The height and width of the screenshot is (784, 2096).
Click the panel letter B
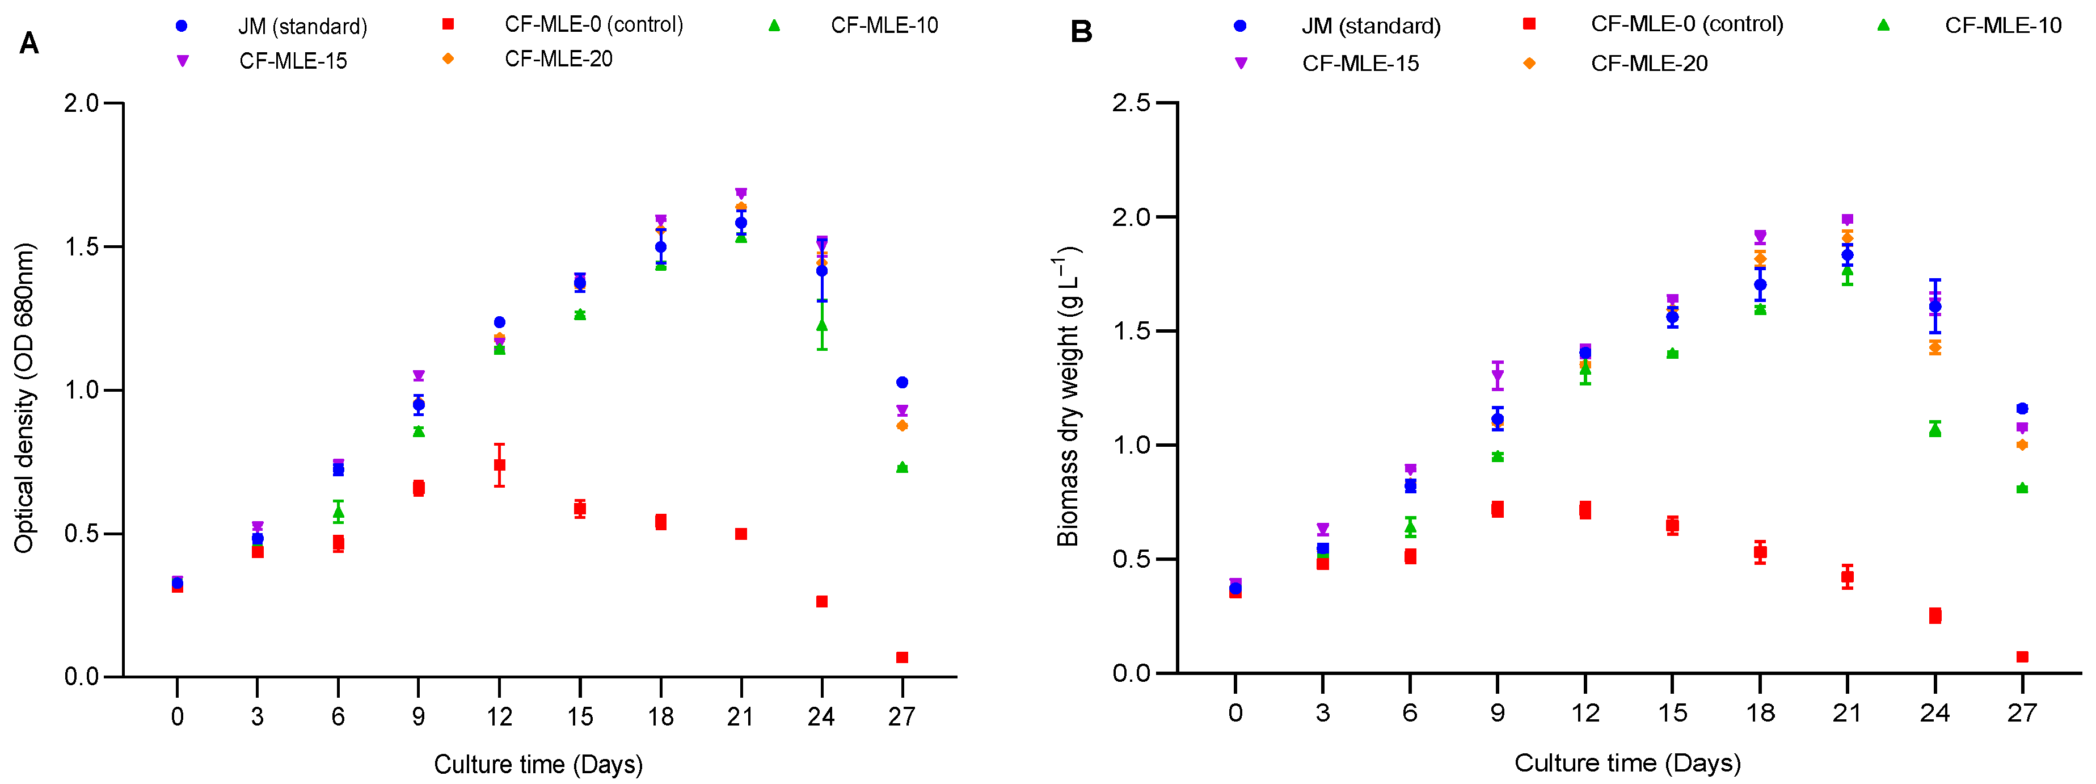click(1081, 32)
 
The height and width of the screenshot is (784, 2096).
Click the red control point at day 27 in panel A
click(901, 657)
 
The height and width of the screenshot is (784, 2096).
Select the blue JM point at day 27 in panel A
click(901, 382)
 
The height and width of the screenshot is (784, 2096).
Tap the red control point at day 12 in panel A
click(500, 465)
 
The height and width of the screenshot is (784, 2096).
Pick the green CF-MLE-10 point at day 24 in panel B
click(1935, 429)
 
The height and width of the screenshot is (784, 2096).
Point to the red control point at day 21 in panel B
click(1847, 576)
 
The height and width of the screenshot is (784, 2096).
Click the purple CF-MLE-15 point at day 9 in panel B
click(1497, 376)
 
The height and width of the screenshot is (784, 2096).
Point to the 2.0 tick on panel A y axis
click(81, 103)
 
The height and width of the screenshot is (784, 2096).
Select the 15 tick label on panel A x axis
click(579, 716)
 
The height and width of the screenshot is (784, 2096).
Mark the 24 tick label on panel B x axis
click(1934, 713)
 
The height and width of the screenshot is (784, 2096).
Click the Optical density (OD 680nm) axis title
click(24, 397)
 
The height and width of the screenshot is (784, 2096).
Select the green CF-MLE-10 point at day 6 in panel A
click(339, 512)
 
